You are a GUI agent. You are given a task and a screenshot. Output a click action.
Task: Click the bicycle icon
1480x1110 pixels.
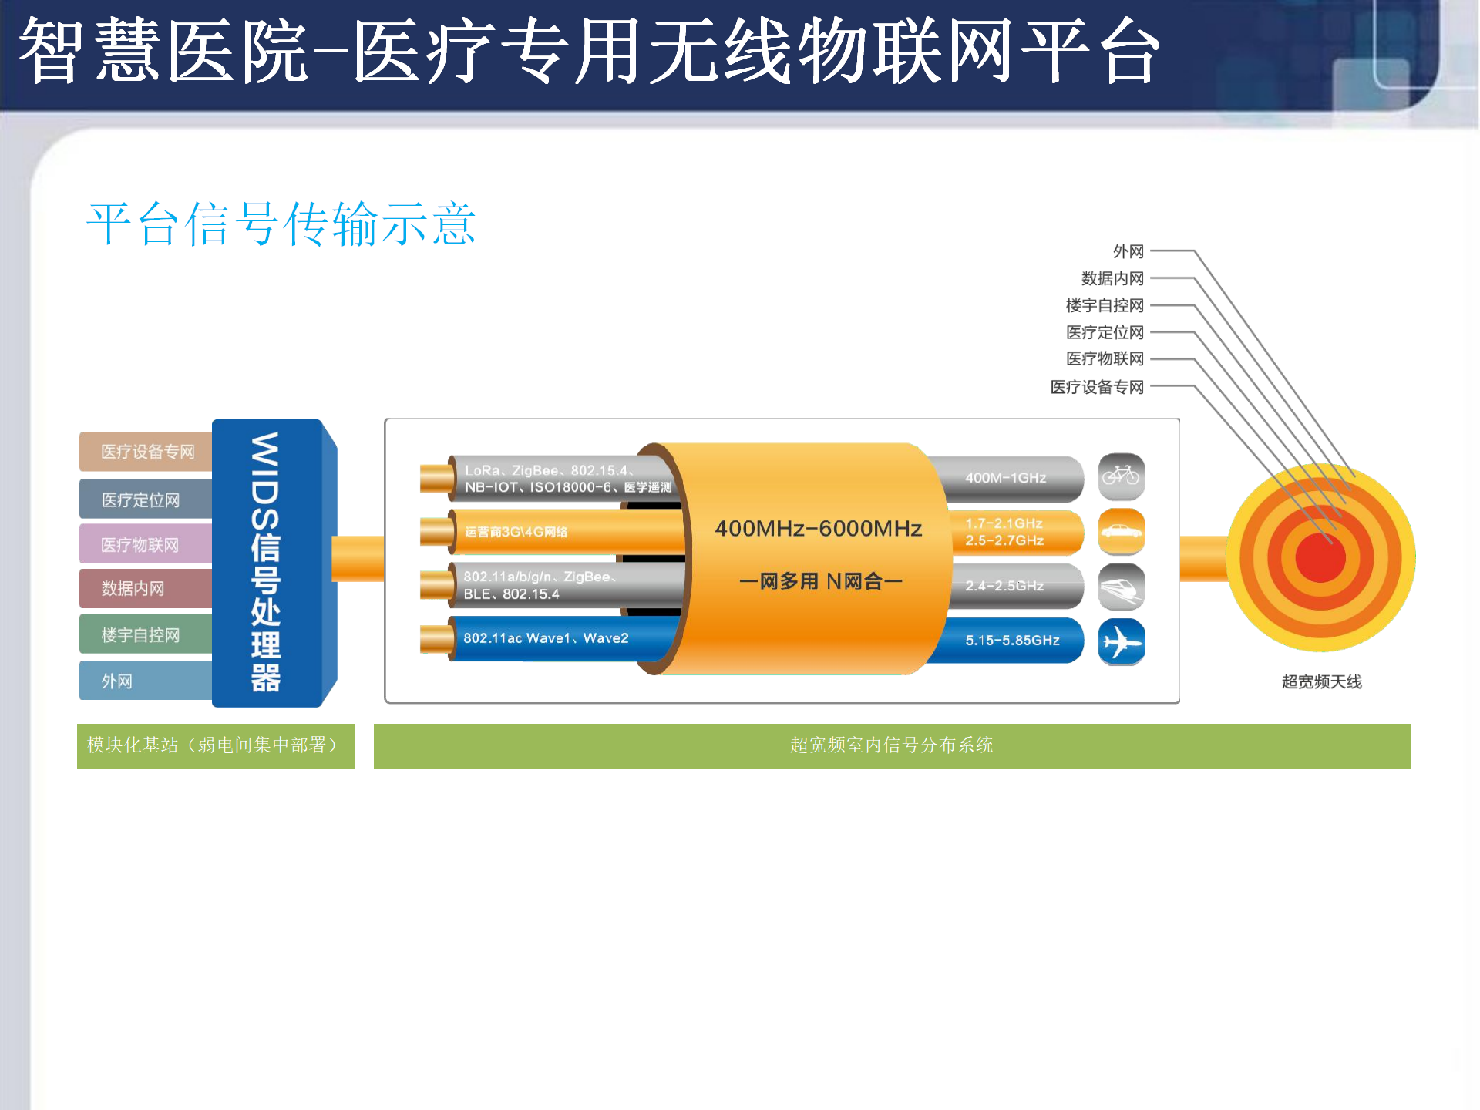1121,476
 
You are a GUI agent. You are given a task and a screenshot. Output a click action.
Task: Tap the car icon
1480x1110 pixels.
1121,532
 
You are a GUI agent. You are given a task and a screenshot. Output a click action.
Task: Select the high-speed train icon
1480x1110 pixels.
1121,587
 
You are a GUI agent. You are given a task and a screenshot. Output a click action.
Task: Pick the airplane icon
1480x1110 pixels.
1121,641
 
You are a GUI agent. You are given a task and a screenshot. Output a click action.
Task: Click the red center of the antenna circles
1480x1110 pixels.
1320,557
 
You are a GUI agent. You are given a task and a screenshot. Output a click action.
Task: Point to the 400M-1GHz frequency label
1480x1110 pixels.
1005,478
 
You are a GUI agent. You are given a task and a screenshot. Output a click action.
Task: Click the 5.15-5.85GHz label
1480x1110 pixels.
1012,641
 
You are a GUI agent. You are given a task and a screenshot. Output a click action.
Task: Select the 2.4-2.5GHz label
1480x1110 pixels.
1004,586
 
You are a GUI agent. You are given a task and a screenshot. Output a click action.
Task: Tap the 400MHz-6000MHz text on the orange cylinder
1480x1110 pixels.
818,529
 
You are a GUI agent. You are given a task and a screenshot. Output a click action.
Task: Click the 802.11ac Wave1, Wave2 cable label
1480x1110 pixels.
546,638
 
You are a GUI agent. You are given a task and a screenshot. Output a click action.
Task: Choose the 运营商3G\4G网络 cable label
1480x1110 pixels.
516,532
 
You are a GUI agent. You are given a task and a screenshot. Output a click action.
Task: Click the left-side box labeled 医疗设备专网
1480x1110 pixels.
146,452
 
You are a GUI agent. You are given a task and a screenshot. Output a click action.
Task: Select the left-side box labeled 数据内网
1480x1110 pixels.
146,589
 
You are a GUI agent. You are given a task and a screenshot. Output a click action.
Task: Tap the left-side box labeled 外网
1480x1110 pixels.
146,681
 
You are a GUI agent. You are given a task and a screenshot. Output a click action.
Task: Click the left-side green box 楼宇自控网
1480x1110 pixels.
146,634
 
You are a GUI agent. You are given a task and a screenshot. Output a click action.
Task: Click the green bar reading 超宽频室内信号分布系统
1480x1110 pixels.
892,746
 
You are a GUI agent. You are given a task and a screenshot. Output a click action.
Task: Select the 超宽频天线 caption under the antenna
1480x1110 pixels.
1321,681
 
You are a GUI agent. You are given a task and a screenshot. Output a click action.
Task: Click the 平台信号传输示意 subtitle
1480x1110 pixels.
281,224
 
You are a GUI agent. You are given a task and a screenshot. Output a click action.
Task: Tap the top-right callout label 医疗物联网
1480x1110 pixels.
1105,359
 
